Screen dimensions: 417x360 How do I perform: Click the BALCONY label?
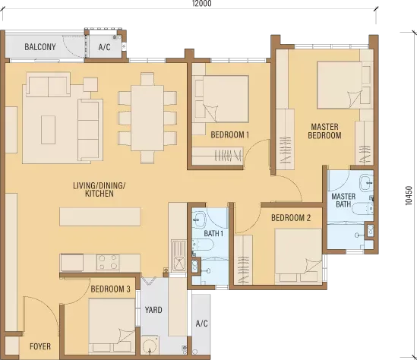(x=40, y=47)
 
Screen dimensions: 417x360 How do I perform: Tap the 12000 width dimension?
(x=202, y=3)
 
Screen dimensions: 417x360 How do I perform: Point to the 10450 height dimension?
(x=409, y=195)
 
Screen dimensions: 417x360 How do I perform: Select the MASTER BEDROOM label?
(x=325, y=131)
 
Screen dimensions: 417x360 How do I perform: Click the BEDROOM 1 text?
(x=230, y=134)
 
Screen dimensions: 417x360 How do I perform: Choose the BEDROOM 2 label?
(x=291, y=218)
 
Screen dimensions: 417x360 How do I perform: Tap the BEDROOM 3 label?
(x=111, y=289)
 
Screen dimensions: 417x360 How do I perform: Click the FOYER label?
(x=40, y=346)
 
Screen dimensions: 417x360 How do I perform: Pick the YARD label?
(x=153, y=310)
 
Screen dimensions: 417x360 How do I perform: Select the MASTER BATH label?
(x=343, y=201)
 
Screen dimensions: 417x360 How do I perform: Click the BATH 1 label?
(x=213, y=233)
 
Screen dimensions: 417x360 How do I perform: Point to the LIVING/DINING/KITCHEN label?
(x=100, y=189)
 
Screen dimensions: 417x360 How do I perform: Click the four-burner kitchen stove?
(x=108, y=262)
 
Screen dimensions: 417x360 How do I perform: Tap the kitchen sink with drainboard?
(x=178, y=255)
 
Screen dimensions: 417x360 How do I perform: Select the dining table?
(x=147, y=118)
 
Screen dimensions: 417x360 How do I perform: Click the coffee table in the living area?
(x=48, y=130)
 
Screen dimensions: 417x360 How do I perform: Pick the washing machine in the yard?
(x=150, y=345)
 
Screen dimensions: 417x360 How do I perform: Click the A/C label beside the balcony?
(x=104, y=47)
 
